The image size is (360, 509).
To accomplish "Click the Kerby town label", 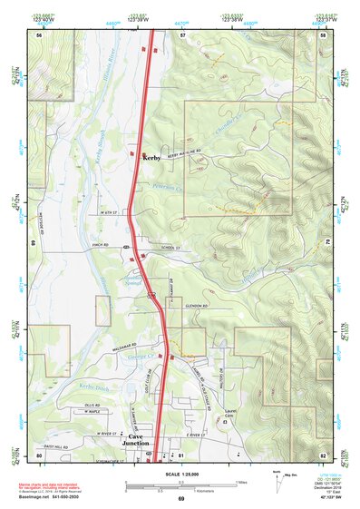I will coord(151,158).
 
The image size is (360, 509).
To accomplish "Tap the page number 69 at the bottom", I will coord(180,499).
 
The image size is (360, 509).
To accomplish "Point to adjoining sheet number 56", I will coord(39,34).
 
